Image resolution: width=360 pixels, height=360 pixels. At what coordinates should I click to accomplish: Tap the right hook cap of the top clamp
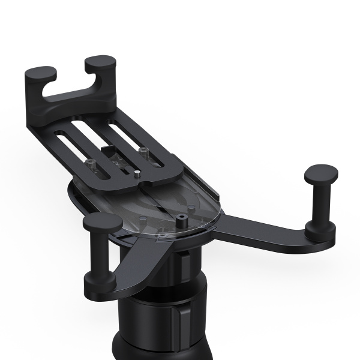click(100, 62)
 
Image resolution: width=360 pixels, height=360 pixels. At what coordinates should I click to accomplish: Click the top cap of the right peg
click(320, 173)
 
